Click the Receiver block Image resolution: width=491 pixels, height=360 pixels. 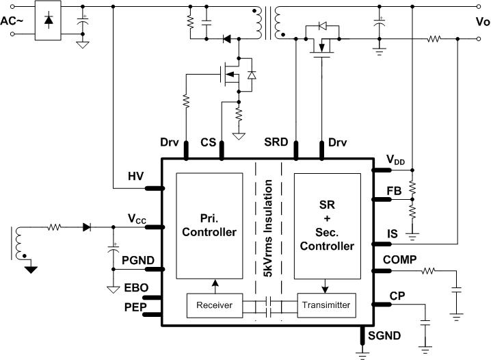click(x=214, y=305)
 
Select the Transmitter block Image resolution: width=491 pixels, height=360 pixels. click(x=326, y=305)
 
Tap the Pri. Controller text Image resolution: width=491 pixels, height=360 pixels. click(x=209, y=225)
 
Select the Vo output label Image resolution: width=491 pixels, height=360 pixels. click(x=482, y=21)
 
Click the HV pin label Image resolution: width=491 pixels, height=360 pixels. click(x=135, y=177)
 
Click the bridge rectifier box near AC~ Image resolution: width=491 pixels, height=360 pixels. click(x=48, y=21)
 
